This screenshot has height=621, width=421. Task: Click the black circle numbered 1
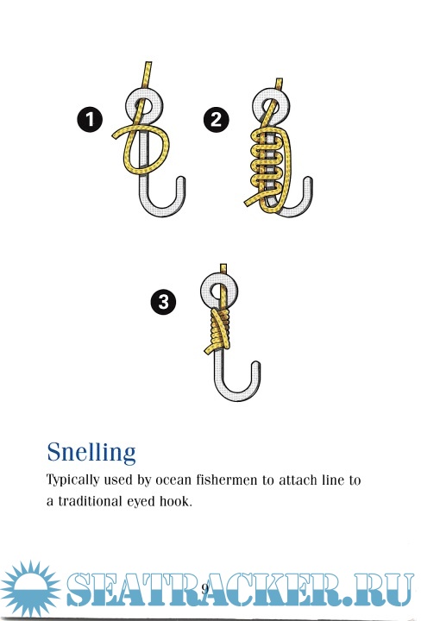coord(90,119)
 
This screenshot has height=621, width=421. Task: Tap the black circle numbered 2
coord(217,119)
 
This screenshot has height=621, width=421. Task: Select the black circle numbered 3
coord(164,302)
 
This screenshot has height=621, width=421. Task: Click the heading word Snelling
coord(91,452)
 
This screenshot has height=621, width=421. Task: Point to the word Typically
coord(72,480)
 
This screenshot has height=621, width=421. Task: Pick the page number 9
coord(204,589)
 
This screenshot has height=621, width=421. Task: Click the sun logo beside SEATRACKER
coord(30,589)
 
